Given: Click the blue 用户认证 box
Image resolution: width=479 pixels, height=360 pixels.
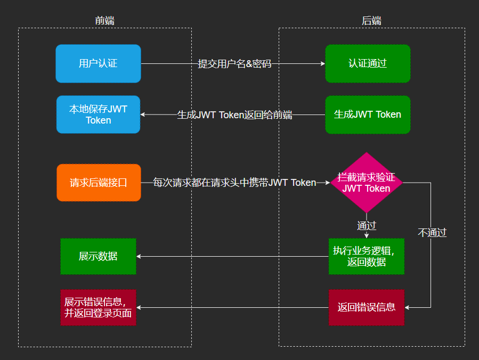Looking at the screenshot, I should [98, 63].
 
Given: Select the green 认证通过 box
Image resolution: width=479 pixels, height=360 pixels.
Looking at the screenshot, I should [368, 63].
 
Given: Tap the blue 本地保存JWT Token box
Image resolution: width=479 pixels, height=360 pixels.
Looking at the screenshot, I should [98, 114].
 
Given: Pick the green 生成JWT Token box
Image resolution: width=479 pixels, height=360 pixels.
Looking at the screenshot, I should [368, 114].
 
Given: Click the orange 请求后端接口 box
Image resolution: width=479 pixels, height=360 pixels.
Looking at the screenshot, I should [99, 183].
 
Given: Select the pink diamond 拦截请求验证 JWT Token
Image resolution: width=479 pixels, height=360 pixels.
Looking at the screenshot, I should [366, 183].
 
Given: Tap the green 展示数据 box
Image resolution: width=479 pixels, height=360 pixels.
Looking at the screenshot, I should [98, 256].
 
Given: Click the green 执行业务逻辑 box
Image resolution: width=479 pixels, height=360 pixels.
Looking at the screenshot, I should [366, 256].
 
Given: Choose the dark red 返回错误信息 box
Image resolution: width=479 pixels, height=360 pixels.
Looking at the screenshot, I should [366, 307].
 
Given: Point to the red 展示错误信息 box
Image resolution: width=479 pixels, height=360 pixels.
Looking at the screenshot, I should [98, 307].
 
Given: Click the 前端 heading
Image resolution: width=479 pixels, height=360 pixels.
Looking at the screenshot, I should [104, 21].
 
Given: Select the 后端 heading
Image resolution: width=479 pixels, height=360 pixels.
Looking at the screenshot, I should [371, 21].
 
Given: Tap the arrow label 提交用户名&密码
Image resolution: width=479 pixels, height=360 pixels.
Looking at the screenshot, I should [234, 64].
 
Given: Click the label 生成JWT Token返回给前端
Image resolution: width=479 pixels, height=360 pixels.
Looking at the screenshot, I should [234, 114].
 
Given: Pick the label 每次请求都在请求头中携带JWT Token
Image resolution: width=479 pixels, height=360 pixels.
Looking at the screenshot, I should [234, 183].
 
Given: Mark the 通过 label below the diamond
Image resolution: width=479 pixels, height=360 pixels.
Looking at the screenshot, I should [367, 225].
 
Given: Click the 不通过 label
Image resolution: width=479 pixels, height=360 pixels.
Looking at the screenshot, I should [432, 233].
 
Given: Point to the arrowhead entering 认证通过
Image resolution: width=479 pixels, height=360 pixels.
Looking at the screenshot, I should [322, 64].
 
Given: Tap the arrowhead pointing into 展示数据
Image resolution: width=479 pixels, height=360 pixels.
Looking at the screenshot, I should [139, 256].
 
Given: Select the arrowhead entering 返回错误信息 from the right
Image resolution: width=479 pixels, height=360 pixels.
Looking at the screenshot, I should [408, 307].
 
